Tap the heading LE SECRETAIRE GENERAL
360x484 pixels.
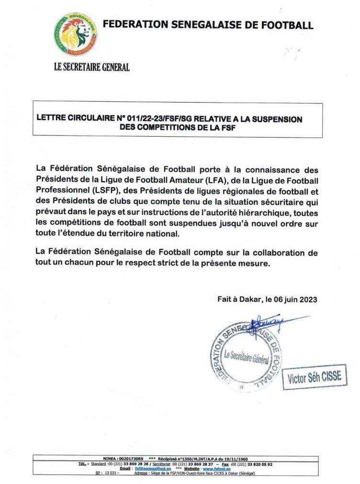tap(92, 67)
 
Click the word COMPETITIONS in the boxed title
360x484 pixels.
tap(151, 128)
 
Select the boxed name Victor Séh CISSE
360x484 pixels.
tap(314, 377)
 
